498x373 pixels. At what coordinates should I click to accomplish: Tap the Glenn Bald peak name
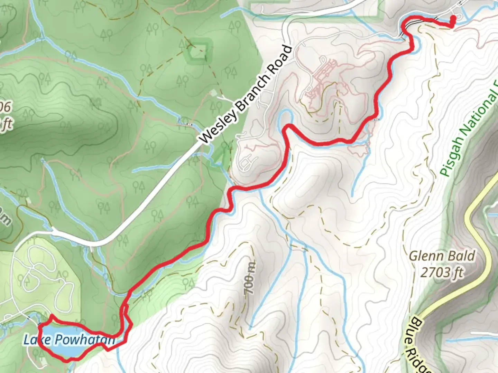point(442,256)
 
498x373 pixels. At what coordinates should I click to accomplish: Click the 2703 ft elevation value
point(442,272)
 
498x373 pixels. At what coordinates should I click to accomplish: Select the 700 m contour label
point(250,278)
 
